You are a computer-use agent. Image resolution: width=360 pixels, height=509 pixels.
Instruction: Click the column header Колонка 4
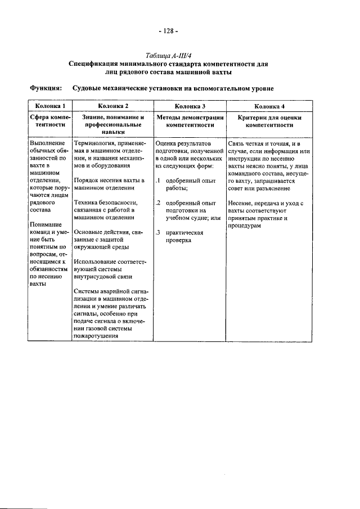click(269, 106)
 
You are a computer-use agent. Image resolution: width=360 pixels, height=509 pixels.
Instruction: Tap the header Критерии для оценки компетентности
click(269, 122)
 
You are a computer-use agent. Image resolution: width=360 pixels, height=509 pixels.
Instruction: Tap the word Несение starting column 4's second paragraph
click(241, 202)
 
